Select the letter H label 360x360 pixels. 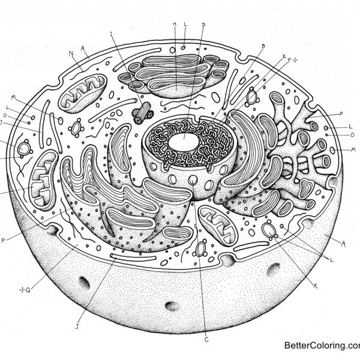pyautogui.click(x=174, y=25)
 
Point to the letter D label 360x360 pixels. pyautogui.click(x=203, y=25)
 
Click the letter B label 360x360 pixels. pyautogui.click(x=263, y=46)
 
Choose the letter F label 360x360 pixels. pyautogui.click(x=289, y=61)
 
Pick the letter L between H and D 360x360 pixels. pyautogui.click(x=185, y=25)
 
